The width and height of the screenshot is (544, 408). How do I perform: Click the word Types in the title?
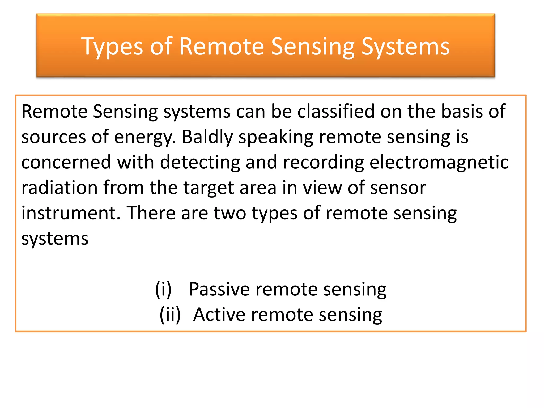112,47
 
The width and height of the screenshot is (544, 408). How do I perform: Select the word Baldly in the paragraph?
207,137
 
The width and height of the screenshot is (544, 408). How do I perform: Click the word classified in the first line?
336,111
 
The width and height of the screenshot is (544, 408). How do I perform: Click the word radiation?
59,188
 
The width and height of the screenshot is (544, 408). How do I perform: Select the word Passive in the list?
219,289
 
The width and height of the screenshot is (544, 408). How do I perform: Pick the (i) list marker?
163,289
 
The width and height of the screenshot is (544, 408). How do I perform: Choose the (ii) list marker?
170,315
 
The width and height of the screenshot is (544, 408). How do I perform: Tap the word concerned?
66,162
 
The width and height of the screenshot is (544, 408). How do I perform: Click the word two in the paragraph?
230,213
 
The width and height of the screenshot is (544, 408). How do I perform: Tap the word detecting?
200,162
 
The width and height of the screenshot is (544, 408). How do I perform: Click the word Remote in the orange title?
222,47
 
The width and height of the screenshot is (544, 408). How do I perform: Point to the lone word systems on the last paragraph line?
55,239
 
